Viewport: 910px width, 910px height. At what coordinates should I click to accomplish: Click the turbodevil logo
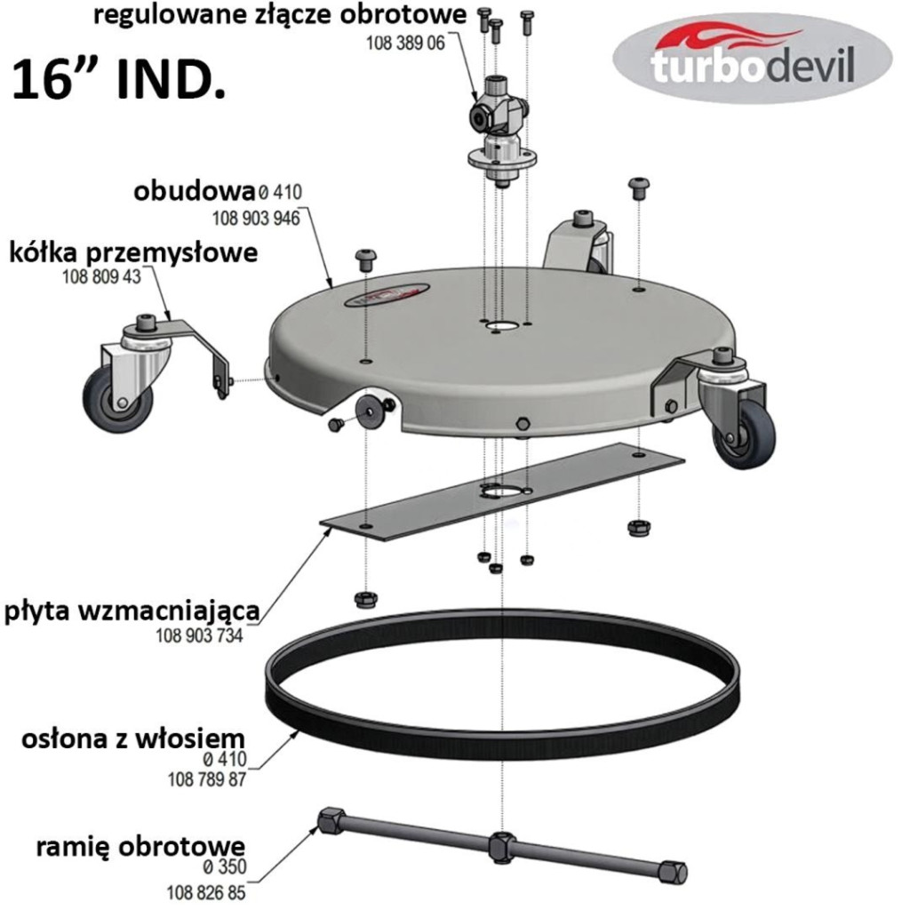click(x=752, y=58)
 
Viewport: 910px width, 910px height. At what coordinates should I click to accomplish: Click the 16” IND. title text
click(x=119, y=81)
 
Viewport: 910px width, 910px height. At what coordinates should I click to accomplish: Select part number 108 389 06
click(x=405, y=43)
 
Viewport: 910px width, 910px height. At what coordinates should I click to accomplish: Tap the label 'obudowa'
click(x=195, y=191)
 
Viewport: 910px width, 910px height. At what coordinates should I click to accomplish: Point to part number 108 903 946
click(x=256, y=219)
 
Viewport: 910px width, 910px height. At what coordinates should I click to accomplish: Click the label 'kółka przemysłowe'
click(x=133, y=252)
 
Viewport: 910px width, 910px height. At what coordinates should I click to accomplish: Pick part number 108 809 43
click(x=101, y=277)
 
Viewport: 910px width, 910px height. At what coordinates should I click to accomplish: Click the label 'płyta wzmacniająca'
click(x=132, y=611)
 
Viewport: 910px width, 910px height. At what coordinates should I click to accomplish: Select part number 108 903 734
click(x=199, y=636)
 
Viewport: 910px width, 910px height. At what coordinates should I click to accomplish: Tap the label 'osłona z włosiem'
click(x=133, y=739)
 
